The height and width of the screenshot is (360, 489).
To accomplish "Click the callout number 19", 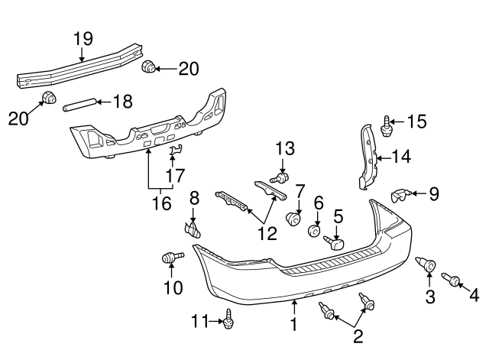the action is coord(83,39).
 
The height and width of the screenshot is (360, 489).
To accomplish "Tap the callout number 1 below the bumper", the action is coord(293,324).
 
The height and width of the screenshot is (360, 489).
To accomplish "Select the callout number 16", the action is coord(162,204).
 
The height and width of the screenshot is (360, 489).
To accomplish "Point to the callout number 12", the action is coord(267,233).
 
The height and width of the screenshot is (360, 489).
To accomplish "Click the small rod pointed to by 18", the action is coord(79,104).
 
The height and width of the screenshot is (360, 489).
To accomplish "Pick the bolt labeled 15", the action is coord(386,127).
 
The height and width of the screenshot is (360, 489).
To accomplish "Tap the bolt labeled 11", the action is coord(228,319).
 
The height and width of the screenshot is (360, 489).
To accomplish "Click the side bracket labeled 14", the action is coord(369,157).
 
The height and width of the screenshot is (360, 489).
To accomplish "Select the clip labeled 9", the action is coord(401,196).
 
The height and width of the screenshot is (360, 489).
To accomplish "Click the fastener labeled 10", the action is coord(173,258).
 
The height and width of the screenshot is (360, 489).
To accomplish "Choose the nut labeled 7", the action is coord(293,218).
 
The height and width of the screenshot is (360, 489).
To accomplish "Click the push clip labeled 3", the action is coord(426,264).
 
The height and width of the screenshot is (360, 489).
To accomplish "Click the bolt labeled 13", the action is coord(280,178).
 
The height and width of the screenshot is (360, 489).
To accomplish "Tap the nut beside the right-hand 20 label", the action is coord(149,66).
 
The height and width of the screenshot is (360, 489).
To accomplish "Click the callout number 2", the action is coord(358,337).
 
